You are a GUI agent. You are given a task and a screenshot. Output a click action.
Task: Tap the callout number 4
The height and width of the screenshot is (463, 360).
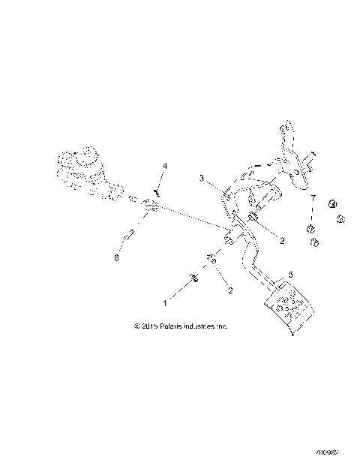click(165, 166)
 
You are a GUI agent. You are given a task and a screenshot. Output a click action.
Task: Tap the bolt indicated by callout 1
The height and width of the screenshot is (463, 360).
click(195, 278)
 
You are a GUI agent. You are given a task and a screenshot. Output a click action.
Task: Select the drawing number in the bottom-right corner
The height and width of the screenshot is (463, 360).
click(328, 453)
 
